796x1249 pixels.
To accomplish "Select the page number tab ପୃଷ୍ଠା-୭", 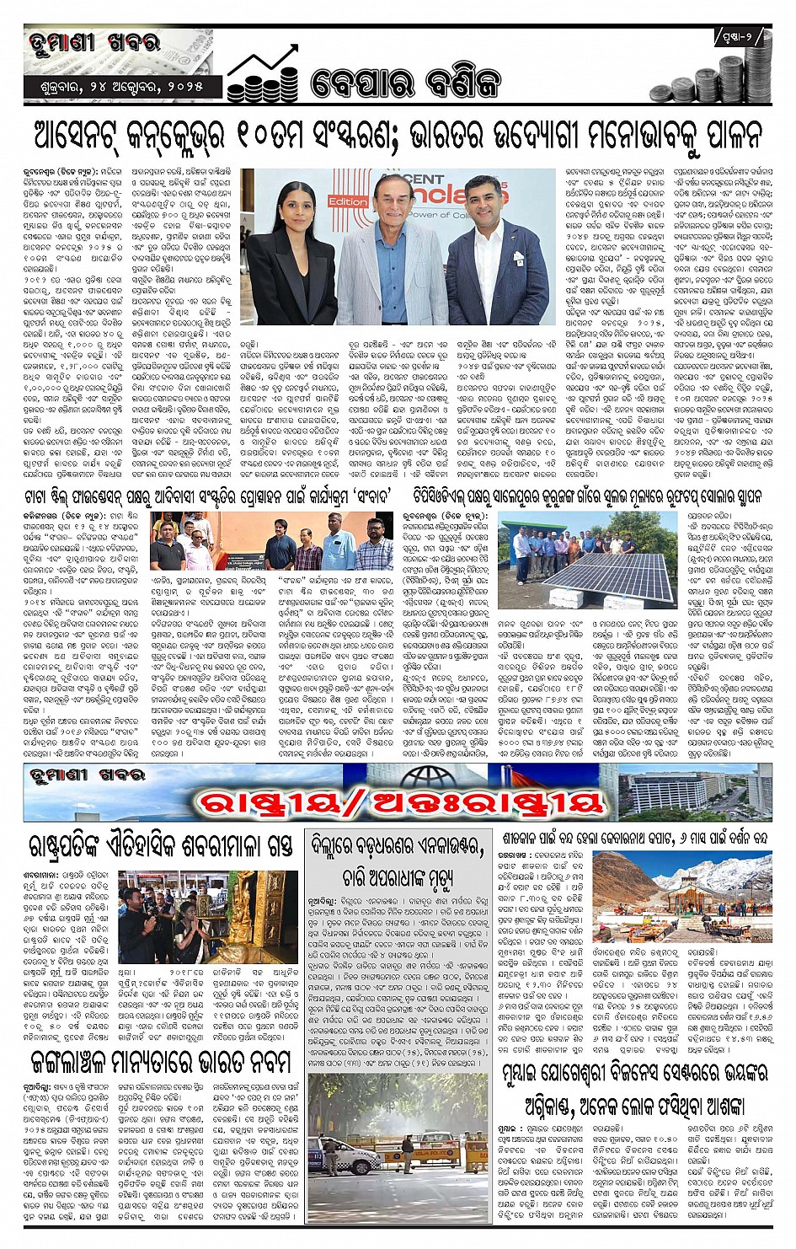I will pyautogui.click(x=741, y=37).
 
